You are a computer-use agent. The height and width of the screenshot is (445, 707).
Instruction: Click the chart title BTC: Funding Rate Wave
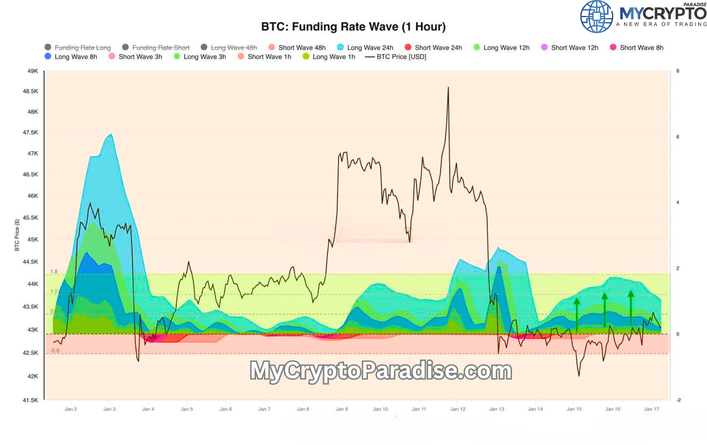[353, 27]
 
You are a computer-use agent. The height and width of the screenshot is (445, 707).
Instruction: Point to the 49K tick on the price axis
[33, 71]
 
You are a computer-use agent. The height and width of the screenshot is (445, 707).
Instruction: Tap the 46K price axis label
[33, 196]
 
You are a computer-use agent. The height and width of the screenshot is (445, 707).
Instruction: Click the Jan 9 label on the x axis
[342, 410]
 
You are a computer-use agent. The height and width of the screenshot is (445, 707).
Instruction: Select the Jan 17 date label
[652, 410]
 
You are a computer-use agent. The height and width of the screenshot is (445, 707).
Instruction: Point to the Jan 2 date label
[71, 410]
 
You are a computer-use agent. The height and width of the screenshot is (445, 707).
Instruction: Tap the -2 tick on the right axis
[678, 400]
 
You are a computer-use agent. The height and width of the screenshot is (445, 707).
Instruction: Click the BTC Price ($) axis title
[17, 235]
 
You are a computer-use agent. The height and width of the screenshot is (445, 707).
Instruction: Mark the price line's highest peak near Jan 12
[448, 87]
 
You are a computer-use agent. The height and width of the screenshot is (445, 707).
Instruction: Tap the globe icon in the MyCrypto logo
[597, 17]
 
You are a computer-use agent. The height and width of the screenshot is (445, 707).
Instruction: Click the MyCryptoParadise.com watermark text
[381, 370]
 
